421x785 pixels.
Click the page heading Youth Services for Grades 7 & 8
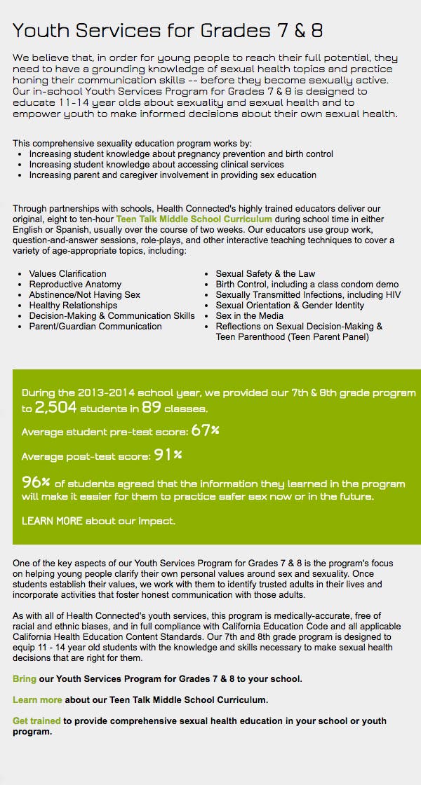pyautogui.click(x=168, y=30)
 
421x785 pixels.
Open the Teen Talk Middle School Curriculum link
pyautogui.click(x=194, y=219)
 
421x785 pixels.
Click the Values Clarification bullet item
pyautogui.click(x=67, y=274)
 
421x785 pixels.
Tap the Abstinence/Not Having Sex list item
pyautogui.click(x=84, y=295)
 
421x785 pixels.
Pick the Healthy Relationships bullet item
pyautogui.click(x=73, y=306)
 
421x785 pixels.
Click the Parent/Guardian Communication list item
pyautogui.click(x=95, y=327)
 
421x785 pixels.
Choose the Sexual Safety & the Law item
pyautogui.click(x=265, y=274)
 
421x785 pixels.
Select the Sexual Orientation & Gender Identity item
pyautogui.click(x=290, y=306)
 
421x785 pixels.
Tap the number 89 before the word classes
pyautogui.click(x=152, y=407)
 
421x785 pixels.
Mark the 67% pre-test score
pyautogui.click(x=205, y=430)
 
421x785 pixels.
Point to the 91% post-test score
pyautogui.click(x=168, y=455)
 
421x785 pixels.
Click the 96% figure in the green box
pyautogui.click(x=36, y=482)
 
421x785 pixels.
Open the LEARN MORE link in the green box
pyautogui.click(x=52, y=521)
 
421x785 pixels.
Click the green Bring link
pyautogui.click(x=24, y=679)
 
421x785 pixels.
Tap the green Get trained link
pyautogui.click(x=37, y=721)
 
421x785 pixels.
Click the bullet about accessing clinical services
pyautogui.click(x=156, y=165)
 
